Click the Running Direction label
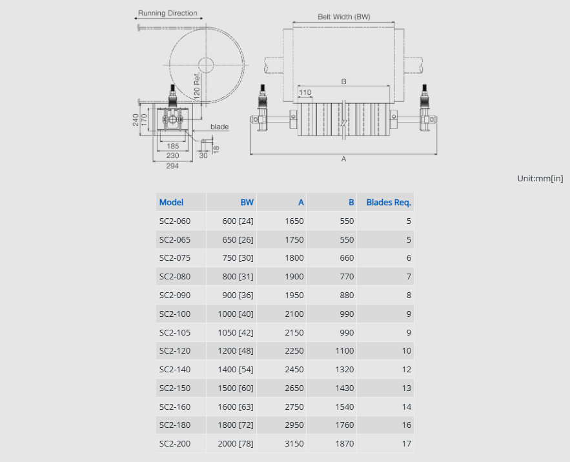(x=168, y=13)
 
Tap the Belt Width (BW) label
(x=344, y=17)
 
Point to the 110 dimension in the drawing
(x=305, y=92)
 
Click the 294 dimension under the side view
(x=172, y=166)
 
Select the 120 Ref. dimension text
(x=197, y=86)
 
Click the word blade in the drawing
(x=219, y=126)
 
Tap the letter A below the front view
(x=343, y=159)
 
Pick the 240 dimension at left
(x=136, y=120)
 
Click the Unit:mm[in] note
(x=540, y=179)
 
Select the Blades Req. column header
(x=389, y=203)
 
